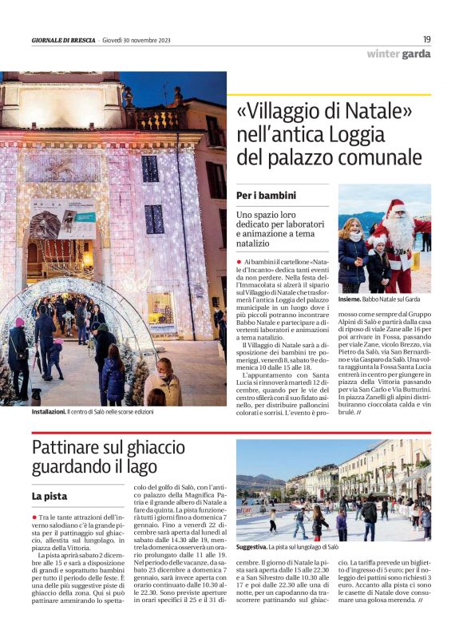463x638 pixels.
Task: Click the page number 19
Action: point(427,38)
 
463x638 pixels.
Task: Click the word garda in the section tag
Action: point(416,54)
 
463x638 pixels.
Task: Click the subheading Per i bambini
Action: point(266,196)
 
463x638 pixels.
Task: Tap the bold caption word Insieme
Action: point(348,299)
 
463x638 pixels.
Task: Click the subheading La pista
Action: point(49,496)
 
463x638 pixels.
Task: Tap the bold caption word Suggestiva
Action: point(254,547)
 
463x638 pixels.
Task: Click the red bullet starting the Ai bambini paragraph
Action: point(239,261)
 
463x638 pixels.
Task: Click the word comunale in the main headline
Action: point(370,157)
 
